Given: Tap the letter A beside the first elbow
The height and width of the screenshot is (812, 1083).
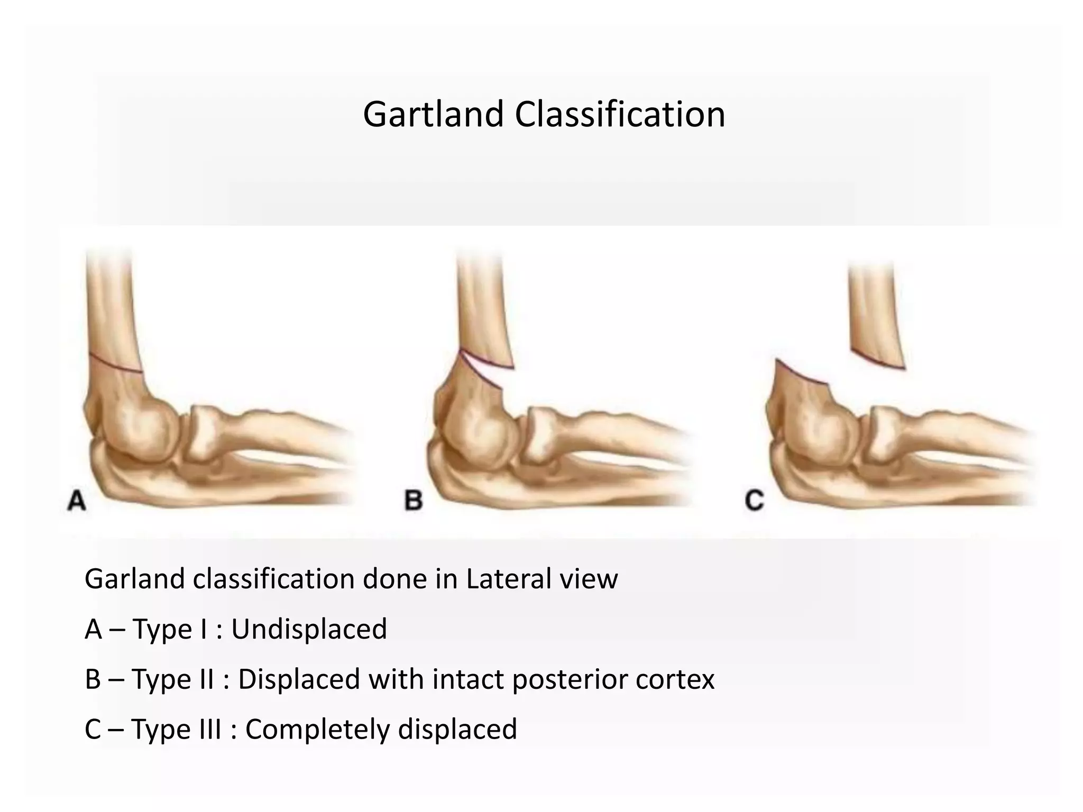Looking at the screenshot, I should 77,500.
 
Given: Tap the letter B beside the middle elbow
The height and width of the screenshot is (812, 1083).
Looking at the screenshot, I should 414,500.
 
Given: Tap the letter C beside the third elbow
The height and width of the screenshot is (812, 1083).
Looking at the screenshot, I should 755,500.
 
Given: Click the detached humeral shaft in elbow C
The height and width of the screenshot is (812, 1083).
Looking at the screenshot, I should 875,317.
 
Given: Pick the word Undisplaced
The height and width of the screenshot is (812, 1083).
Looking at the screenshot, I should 309,629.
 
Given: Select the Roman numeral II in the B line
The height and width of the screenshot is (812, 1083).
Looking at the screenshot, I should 204,679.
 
